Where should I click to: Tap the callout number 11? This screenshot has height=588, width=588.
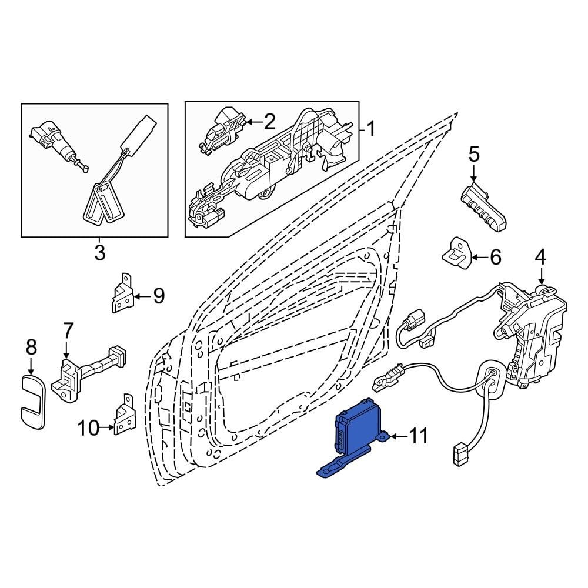pos(417,436)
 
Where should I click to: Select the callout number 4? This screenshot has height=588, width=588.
pos(540,258)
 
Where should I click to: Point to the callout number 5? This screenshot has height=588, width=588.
pos(474,155)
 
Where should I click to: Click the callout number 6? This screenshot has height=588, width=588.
pos(495,258)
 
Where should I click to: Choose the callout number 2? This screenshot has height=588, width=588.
pos(270,122)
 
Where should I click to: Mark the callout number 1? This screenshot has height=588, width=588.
pos(370,129)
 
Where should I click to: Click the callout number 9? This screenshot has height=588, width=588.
pos(159,296)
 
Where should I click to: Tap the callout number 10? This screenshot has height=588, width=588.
pos(89,428)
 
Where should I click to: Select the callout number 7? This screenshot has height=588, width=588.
pos(68,330)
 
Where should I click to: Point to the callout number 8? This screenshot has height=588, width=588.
pos(32,348)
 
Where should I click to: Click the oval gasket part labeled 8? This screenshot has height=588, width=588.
pos(32,402)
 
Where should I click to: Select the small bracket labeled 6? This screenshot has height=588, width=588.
pos(457,253)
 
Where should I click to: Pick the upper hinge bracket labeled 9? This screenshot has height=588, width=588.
pos(122,293)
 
